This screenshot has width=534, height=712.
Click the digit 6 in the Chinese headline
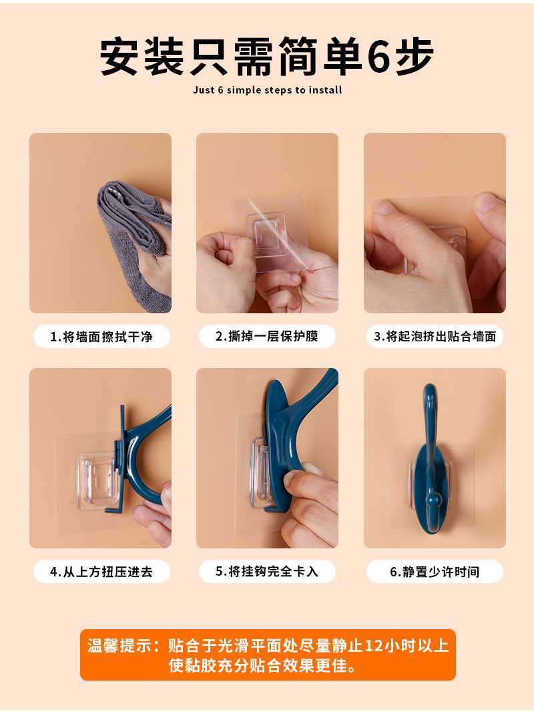[380, 56]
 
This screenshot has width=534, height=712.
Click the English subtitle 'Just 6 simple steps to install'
[267, 90]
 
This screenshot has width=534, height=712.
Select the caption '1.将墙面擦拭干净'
[101, 337]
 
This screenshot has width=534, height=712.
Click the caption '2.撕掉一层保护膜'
[267, 337]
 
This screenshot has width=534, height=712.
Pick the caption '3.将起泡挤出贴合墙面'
[435, 337]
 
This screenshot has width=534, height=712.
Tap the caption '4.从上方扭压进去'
[101, 572]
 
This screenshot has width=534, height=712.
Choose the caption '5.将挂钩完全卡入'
[267, 571]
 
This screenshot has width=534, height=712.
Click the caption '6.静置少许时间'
[435, 572]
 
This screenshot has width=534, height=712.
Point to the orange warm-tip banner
[268, 655]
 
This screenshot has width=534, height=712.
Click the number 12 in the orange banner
[373, 645]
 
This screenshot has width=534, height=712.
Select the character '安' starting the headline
[119, 56]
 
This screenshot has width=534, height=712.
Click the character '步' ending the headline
[415, 56]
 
